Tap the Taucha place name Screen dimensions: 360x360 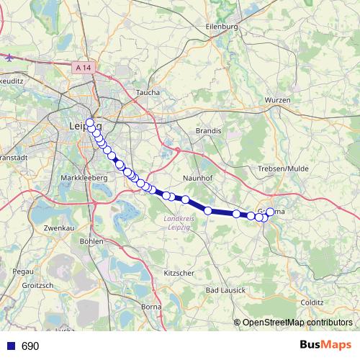point(148,93)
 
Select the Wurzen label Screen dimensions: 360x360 point(277,99)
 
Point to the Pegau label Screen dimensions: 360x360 point(22,271)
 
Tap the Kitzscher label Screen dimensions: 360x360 point(180,274)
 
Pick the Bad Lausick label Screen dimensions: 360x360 point(225,289)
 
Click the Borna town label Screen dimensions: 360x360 point(151,307)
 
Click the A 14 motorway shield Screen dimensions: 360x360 point(84,67)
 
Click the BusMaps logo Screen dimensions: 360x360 point(325,345)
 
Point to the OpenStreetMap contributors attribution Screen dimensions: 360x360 point(297,322)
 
